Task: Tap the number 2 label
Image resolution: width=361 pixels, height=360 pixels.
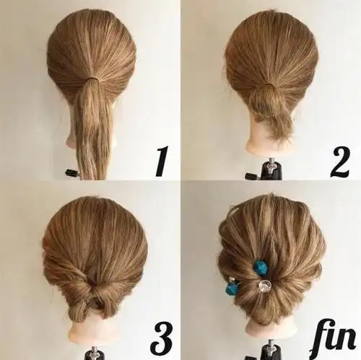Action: pos(339,162)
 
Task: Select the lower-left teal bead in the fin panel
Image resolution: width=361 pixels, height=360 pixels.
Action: pos(232,288)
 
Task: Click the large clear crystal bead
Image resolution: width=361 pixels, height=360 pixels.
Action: pos(265,285)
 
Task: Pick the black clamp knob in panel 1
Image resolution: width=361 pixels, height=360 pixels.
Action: pos(72,172)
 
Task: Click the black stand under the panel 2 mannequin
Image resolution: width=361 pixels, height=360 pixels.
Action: pos(271,169)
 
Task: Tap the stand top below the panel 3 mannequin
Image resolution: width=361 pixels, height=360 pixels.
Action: pos(95,353)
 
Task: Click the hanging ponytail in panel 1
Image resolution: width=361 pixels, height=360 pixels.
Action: pos(92,130)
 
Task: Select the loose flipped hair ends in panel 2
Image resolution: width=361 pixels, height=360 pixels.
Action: pos(277,124)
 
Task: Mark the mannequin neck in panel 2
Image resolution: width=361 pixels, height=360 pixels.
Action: pos(269,142)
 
